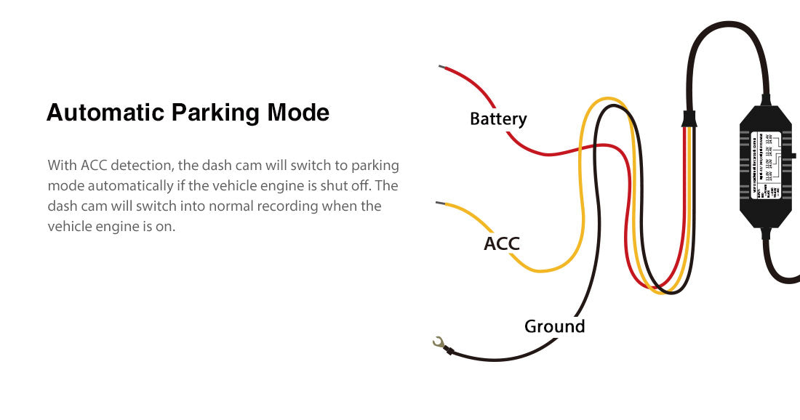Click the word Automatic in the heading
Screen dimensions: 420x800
[x=105, y=113]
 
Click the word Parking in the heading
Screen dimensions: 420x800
[x=215, y=113]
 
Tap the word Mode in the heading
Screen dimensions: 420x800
[x=298, y=113]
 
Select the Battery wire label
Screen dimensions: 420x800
[x=498, y=118]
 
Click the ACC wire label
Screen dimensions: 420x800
[x=502, y=243]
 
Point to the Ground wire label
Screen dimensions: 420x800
[x=554, y=326]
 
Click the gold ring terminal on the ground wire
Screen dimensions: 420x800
[x=439, y=342]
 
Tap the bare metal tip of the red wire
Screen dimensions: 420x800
[x=441, y=67]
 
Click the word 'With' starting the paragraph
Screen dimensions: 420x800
[x=62, y=166]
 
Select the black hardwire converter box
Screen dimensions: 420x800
[x=766, y=166]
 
